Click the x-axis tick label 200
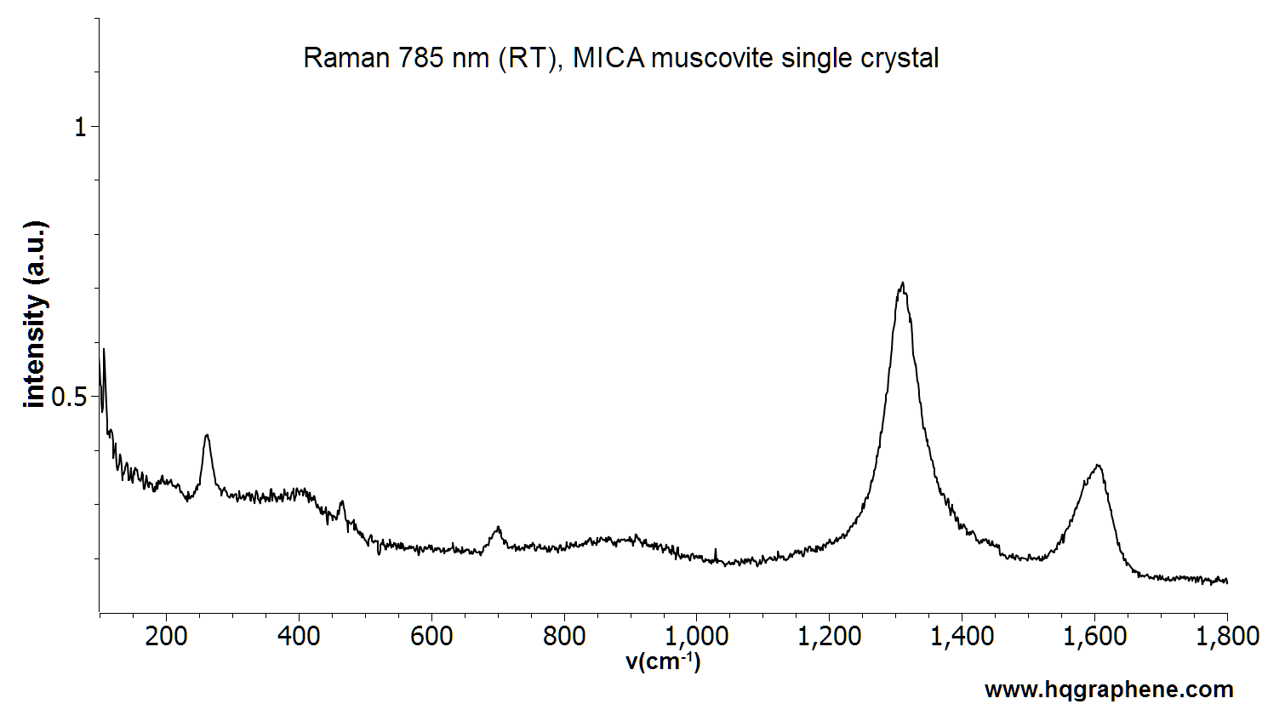point(166,636)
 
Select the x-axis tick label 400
point(299,636)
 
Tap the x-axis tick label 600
point(431,636)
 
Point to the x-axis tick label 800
point(564,636)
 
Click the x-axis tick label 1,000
point(696,636)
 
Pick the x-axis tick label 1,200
point(829,636)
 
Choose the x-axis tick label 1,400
point(962,636)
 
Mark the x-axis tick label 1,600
point(1094,636)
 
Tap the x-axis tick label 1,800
point(1226,636)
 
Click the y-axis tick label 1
point(81,128)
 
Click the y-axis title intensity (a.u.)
point(35,315)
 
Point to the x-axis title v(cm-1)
point(664,661)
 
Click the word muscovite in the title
point(711,58)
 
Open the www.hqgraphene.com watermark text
point(1109,689)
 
